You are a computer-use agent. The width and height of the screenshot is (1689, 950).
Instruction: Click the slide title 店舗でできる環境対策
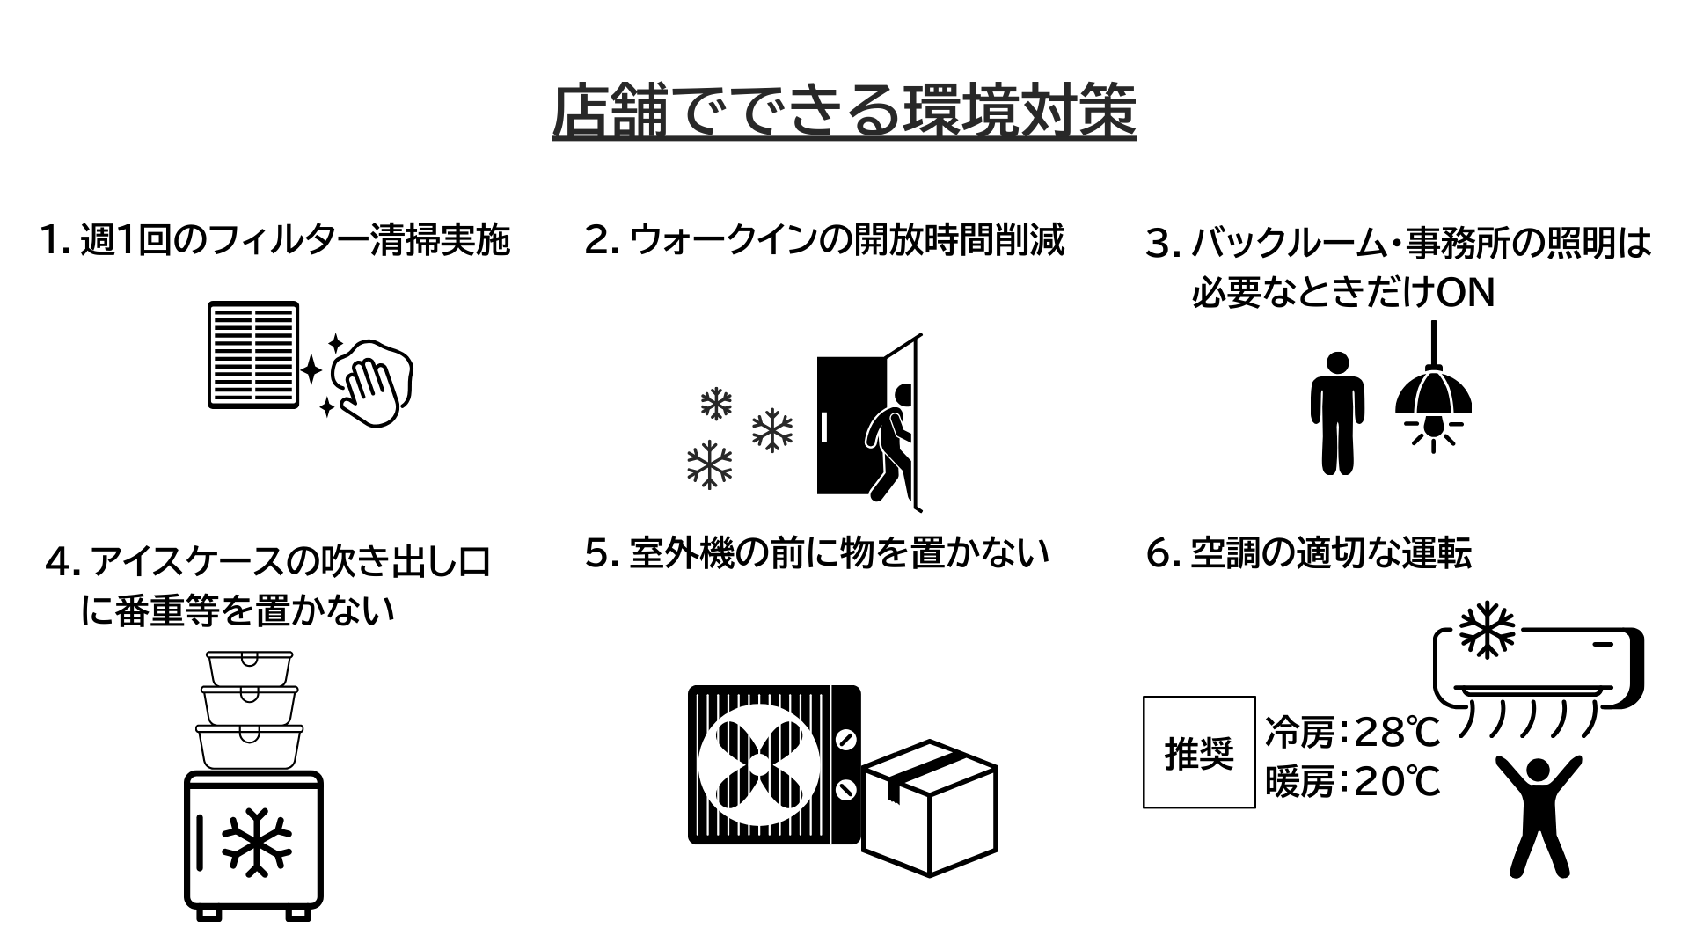(x=844, y=112)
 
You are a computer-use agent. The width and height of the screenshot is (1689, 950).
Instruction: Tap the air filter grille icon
(x=253, y=354)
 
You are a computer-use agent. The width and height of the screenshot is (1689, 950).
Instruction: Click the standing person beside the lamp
(x=1337, y=413)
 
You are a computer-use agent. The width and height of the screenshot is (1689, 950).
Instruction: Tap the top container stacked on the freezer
(x=249, y=668)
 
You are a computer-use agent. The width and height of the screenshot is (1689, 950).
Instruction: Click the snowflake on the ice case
(x=256, y=841)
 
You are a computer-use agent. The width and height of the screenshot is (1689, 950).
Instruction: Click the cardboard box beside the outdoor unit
(x=929, y=807)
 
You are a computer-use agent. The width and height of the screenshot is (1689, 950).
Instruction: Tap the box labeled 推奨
(x=1199, y=752)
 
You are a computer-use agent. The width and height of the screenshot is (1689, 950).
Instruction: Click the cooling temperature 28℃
(x=1397, y=732)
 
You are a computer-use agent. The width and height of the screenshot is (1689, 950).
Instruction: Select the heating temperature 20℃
(x=1397, y=781)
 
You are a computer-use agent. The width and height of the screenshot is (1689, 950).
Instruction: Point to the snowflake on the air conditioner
(x=1487, y=630)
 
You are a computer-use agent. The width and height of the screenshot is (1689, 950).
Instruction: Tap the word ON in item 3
(x=1466, y=294)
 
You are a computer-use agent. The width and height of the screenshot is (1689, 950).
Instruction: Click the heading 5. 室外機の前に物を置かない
(x=817, y=553)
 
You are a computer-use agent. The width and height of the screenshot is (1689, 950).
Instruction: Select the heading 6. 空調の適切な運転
(x=1309, y=553)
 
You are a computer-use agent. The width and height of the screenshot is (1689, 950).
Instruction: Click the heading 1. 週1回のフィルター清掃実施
(x=275, y=239)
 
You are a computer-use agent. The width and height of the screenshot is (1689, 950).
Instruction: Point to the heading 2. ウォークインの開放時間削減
(x=824, y=239)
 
